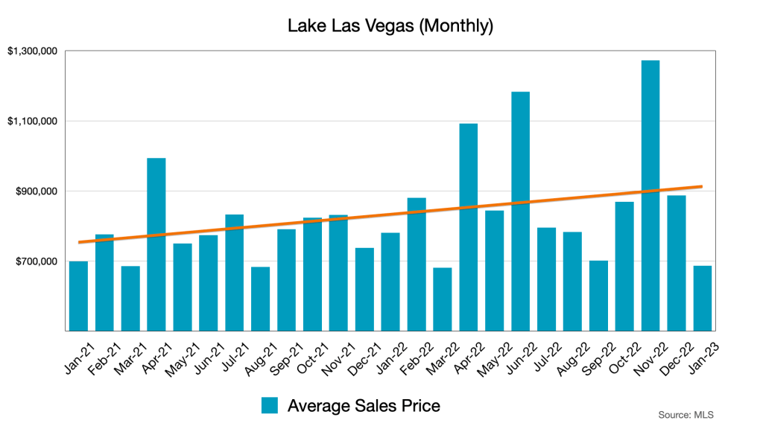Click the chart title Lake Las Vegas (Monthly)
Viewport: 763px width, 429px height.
[390, 27]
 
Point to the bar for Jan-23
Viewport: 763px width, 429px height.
[703, 298]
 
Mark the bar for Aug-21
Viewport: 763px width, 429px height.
[261, 299]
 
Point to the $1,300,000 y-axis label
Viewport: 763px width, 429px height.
[32, 51]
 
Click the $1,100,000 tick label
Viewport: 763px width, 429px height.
[32, 121]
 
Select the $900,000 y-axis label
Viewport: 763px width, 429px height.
[36, 191]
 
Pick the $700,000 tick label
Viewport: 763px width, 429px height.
[36, 261]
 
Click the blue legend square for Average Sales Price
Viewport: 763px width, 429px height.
[270, 405]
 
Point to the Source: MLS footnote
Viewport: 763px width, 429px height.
[680, 414]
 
